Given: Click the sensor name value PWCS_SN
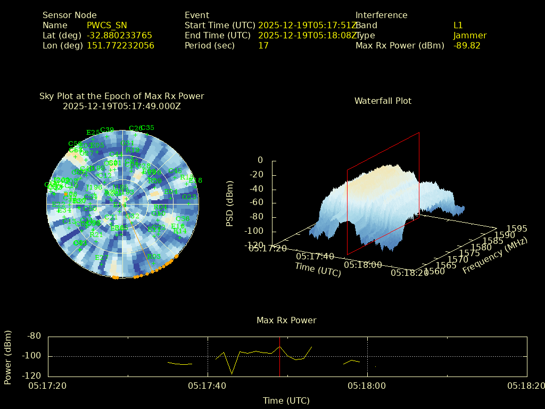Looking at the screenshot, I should tap(107, 26).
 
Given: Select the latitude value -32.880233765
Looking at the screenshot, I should tap(119, 36).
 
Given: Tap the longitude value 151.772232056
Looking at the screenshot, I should tap(120, 46).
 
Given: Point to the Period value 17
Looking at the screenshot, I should tap(263, 46).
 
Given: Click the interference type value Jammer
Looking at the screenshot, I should tap(470, 36).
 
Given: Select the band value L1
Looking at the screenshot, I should tap(458, 26).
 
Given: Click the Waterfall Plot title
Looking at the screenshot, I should tap(383, 101).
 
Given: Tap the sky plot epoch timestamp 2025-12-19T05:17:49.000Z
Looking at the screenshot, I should tap(122, 106).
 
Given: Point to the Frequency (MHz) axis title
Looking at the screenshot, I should tap(494, 256).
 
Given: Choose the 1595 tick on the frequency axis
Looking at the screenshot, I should tap(516, 229).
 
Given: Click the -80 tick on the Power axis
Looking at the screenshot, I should tap(34, 336).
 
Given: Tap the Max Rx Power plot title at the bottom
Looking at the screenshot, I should tap(286, 321).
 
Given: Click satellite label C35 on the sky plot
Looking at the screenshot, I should tap(147, 128).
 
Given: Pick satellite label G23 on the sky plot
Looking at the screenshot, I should tap(189, 197).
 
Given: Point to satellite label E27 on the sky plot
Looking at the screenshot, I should tap(101, 258).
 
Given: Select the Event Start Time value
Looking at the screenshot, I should tap(307, 26).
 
